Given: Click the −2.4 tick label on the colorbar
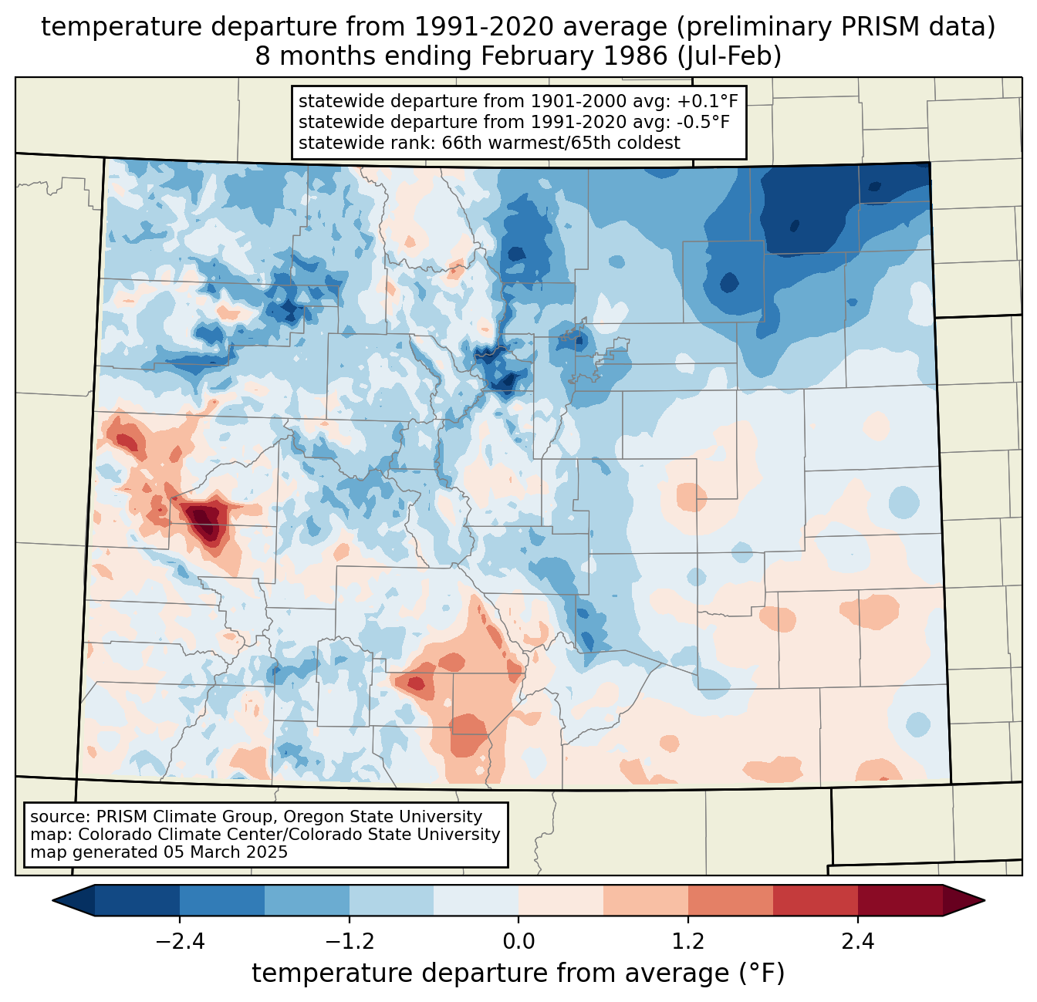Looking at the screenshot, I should [x=180, y=942].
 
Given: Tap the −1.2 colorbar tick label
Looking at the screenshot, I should [x=349, y=942].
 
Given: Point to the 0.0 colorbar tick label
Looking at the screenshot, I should [x=518, y=942].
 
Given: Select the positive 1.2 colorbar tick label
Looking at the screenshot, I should [x=688, y=942].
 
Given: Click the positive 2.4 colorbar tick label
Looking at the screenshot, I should [x=857, y=942].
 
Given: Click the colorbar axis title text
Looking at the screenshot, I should [x=518, y=973].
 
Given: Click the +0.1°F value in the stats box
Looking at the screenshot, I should [x=708, y=102].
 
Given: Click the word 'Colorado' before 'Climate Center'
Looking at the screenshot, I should [x=108, y=835].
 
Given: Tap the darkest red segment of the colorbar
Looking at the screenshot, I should [x=900, y=900].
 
